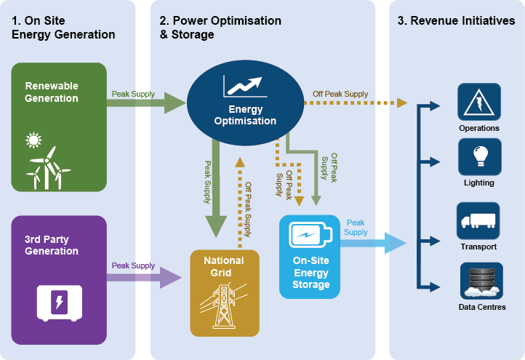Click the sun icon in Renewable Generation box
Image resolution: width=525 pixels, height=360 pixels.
tap(33, 140)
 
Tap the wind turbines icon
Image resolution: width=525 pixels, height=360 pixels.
tap(49, 167)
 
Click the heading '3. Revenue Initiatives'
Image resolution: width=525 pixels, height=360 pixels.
tap(456, 21)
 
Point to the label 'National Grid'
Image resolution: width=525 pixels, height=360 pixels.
tap(224, 267)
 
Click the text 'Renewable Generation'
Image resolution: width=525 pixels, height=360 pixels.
tap(52, 92)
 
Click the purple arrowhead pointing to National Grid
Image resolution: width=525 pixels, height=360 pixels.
tap(171, 277)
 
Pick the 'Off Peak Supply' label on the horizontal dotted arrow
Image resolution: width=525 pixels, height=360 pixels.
tap(340, 94)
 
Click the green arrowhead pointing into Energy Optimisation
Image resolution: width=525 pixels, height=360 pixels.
tap(176, 103)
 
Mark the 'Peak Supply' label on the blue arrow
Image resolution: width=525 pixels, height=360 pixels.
tap(356, 227)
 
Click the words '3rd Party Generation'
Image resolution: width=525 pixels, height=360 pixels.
tap(52, 245)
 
